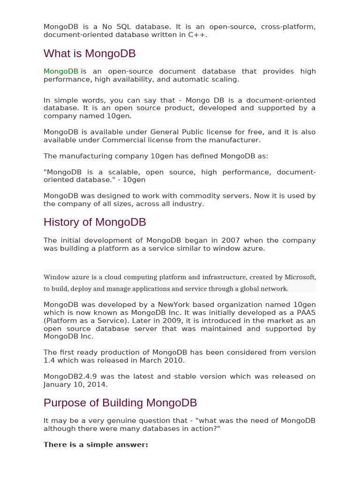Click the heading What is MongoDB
[x=90, y=54]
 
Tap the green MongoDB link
[x=60, y=71]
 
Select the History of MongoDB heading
[x=95, y=222]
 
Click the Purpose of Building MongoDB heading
[x=120, y=403]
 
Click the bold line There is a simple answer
[x=96, y=444]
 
